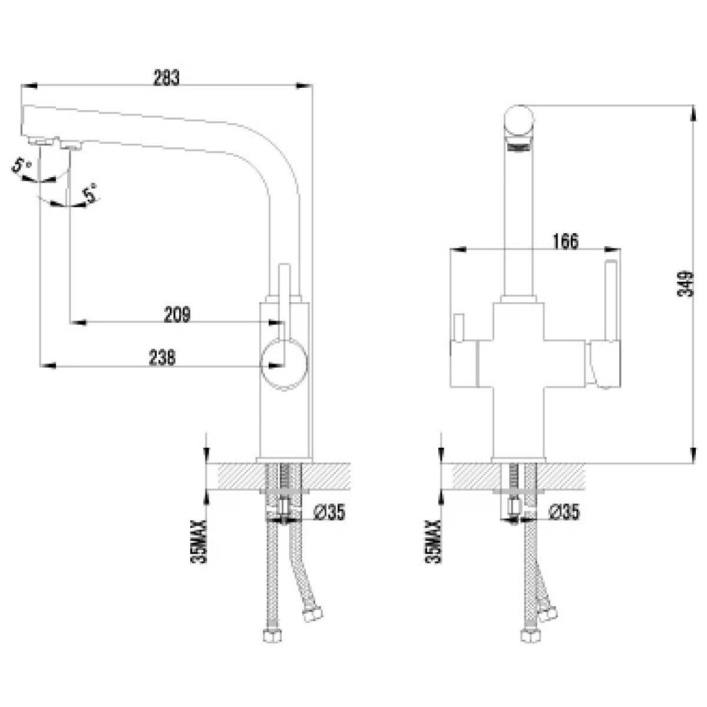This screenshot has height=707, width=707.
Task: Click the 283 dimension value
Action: pyautogui.click(x=166, y=77)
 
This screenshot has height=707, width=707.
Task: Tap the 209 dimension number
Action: pyautogui.click(x=177, y=315)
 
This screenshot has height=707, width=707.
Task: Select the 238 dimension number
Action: pyautogui.click(x=162, y=357)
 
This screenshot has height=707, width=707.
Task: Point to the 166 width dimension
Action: pyautogui.click(x=566, y=241)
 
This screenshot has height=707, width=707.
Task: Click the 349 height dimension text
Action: pyautogui.click(x=685, y=283)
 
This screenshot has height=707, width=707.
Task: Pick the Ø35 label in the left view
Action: pyautogui.click(x=329, y=512)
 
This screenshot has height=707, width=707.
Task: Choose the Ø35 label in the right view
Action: pyautogui.click(x=564, y=512)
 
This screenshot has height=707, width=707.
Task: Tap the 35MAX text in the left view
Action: pyautogui.click(x=199, y=541)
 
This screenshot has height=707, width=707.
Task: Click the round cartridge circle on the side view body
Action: pyautogui.click(x=283, y=364)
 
